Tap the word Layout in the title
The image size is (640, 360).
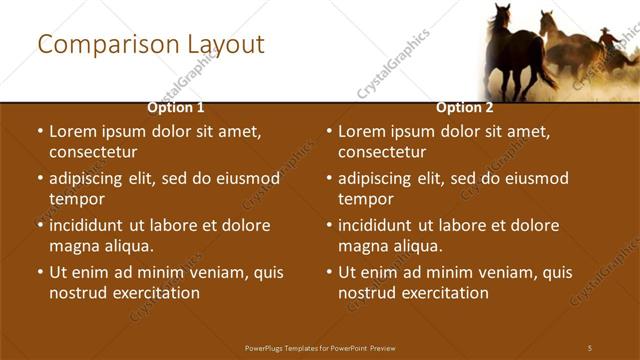(227, 45)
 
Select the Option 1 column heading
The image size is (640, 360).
(176, 107)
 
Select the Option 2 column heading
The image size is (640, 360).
(465, 107)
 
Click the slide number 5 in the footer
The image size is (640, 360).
(590, 347)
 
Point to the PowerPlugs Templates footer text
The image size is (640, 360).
(320, 347)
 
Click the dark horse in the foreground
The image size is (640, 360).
(516, 50)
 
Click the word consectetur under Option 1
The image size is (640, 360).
(93, 152)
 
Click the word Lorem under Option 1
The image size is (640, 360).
(72, 131)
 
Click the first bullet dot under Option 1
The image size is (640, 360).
(40, 132)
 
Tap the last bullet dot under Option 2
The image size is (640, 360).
(329, 272)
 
